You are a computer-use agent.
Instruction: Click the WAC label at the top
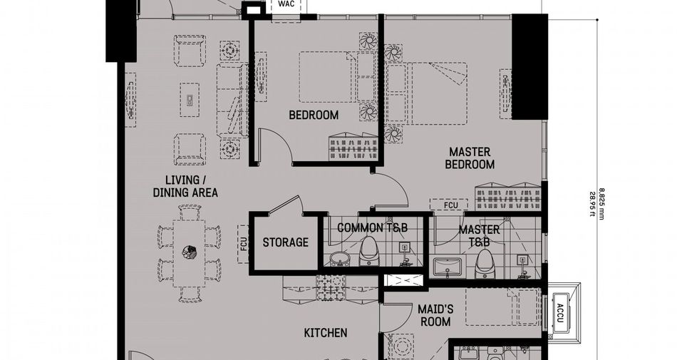[x=286, y=4]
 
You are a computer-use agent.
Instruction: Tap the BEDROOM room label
[x=314, y=115]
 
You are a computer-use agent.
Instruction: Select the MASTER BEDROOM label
[x=470, y=158]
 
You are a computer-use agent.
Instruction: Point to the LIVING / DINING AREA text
[x=185, y=187]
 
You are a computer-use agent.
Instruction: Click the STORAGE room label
[x=285, y=242]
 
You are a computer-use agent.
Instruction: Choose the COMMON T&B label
[x=372, y=227]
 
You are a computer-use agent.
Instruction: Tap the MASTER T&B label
[x=480, y=236]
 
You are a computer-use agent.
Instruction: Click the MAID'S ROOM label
[x=435, y=316]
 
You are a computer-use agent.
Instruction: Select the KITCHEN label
[x=326, y=333]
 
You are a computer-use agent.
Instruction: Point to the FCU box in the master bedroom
[x=450, y=205]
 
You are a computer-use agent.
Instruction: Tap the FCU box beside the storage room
[x=243, y=245]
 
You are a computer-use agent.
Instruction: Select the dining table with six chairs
[x=189, y=253]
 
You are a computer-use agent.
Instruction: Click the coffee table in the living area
[x=190, y=100]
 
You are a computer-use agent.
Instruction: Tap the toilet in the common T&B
[x=368, y=252]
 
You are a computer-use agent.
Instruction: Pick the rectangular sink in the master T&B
[x=448, y=267]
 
